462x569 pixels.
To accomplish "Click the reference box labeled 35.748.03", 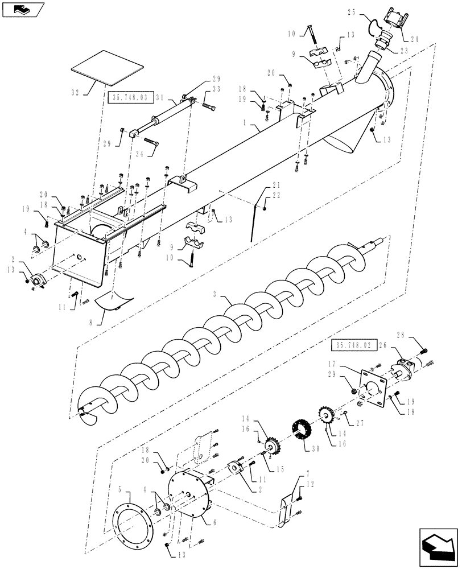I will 129,98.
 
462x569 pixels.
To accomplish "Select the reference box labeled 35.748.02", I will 349,345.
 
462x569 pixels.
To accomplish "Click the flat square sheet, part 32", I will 106,68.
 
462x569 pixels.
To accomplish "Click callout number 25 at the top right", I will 351,12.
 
